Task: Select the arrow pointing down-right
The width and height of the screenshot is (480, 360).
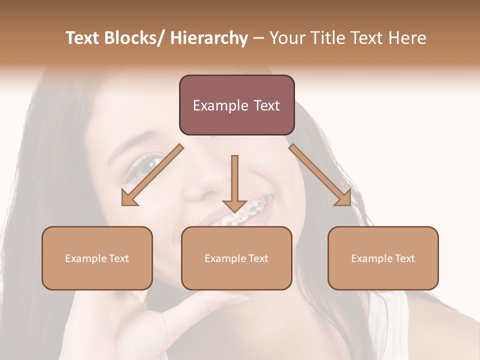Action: [x=320, y=175]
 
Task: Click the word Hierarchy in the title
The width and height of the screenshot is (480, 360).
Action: [x=208, y=38]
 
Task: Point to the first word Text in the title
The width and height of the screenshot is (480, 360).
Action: [x=82, y=38]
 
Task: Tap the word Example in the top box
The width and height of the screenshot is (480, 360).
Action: [x=220, y=105]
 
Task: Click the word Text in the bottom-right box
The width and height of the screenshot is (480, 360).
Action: [x=404, y=258]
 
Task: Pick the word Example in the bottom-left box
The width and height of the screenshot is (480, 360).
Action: [x=85, y=258]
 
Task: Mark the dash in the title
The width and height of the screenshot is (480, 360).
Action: [x=258, y=38]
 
